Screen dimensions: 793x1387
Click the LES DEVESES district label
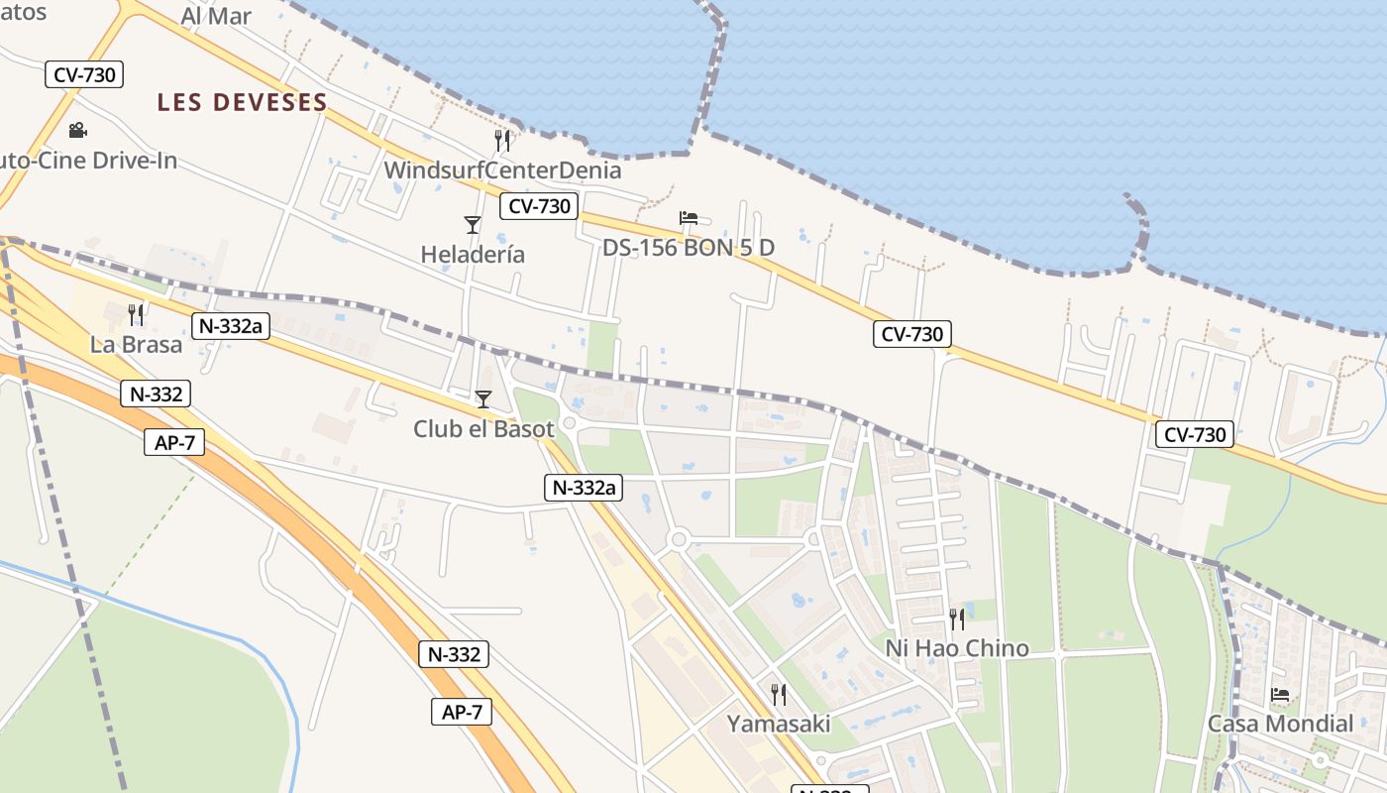click(x=242, y=102)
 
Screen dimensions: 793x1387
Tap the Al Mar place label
click(x=216, y=16)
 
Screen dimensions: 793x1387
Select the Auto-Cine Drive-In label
click(x=87, y=160)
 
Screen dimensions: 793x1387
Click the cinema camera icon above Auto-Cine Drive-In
click(x=77, y=130)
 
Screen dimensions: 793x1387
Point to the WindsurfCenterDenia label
click(x=502, y=170)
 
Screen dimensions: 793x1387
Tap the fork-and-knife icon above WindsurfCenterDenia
click(x=502, y=140)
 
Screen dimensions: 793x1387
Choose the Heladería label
click(x=473, y=255)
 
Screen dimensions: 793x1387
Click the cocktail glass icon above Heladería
click(x=473, y=225)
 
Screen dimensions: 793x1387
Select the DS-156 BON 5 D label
click(x=689, y=248)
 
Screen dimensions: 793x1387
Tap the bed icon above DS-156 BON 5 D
click(x=689, y=218)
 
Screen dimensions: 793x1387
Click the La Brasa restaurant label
click(x=136, y=345)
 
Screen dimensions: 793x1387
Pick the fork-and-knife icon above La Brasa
click(x=136, y=315)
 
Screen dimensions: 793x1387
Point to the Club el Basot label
click(x=483, y=429)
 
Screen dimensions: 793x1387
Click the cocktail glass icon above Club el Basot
click(x=483, y=399)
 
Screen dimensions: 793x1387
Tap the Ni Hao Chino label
click(x=956, y=649)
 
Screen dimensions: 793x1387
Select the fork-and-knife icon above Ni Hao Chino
click(x=956, y=620)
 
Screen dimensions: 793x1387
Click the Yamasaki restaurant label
click(x=779, y=724)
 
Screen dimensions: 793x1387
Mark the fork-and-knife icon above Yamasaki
click(x=779, y=694)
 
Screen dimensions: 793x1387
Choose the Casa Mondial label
click(x=1280, y=724)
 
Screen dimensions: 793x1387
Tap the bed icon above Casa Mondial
click(x=1280, y=695)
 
